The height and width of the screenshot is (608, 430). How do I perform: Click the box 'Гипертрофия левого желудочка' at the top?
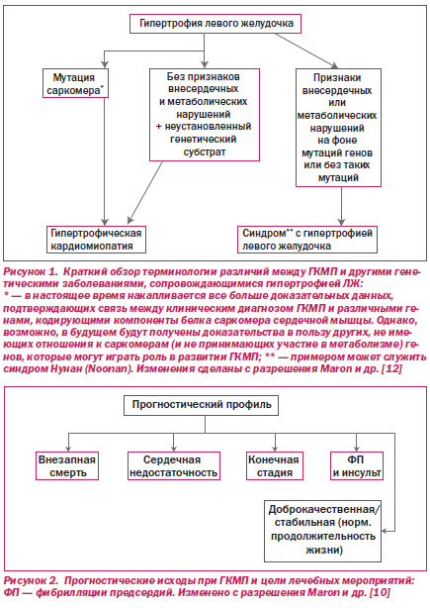215,24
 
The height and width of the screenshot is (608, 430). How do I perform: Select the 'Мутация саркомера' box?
75,83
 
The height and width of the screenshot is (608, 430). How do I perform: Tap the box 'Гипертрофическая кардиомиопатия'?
96,240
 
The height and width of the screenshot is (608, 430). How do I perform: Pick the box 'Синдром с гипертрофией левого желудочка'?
307,240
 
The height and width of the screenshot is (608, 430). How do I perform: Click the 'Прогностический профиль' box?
201,406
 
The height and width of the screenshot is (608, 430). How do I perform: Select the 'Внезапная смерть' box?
67,466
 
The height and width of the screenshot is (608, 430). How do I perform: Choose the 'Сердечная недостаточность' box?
174,466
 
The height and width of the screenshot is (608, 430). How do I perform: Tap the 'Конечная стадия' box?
275,466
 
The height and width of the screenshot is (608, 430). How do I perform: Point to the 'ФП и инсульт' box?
357,466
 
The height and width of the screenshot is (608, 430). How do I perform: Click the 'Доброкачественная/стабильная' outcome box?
323,531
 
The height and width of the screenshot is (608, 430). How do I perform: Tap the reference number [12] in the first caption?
391,368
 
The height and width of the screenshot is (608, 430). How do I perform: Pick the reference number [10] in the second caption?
380,592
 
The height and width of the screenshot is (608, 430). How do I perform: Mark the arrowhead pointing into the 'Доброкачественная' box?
385,531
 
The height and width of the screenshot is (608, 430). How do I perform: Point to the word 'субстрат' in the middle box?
205,152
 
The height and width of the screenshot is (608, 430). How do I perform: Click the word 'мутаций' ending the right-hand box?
338,178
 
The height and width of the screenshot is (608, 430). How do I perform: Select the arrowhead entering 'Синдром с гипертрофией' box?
341,222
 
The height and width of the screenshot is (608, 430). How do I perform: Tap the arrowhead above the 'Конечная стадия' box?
275,449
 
